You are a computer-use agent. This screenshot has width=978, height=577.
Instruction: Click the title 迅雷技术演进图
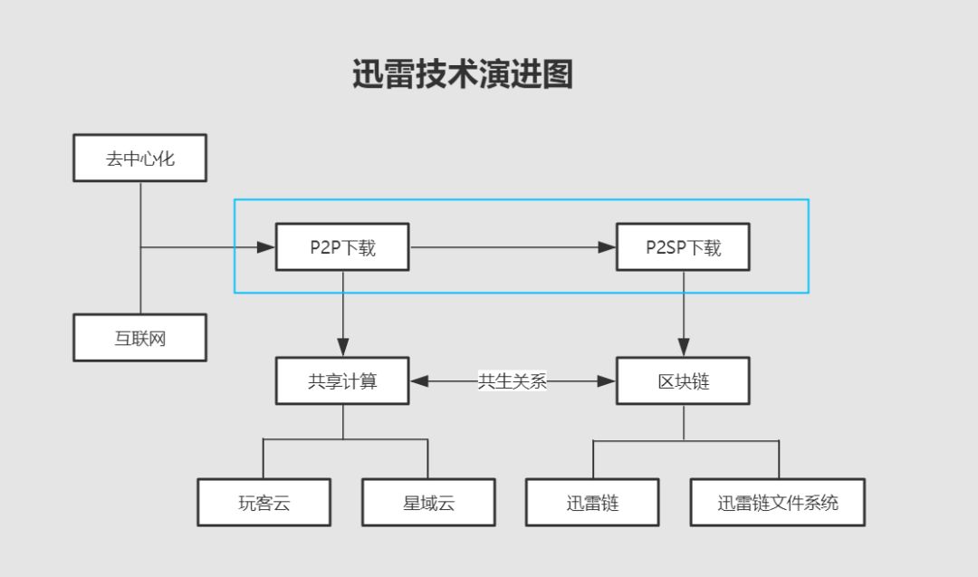coord(463,74)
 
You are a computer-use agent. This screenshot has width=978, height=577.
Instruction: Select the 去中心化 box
coord(139,159)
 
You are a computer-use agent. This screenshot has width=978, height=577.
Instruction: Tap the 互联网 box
coord(139,338)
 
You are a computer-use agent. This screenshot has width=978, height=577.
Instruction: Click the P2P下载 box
coord(342,246)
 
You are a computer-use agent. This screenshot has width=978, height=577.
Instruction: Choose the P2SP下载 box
coord(683,246)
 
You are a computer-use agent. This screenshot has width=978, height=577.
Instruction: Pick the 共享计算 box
coord(342,380)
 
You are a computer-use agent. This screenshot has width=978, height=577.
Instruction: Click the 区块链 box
coord(683,380)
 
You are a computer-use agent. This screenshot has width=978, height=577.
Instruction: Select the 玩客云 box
coord(264,503)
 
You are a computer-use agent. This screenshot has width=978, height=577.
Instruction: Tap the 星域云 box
coord(428,503)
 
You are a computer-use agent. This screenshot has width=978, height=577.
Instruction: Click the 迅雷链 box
coord(592,503)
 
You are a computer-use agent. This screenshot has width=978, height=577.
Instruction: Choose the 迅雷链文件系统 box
coord(778,503)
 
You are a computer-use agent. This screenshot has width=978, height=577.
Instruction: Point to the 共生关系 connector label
coord(513,381)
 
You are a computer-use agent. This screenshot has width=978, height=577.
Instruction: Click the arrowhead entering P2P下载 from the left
coord(266,246)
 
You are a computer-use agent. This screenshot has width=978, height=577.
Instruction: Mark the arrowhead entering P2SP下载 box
coord(607,246)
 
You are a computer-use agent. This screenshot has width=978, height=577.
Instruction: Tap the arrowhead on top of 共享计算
coord(342,347)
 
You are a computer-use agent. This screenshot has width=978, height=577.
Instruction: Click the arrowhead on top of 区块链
coord(683,347)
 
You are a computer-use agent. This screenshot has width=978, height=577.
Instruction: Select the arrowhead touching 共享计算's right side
coord(420,381)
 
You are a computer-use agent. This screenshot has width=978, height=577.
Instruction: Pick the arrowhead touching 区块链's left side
coord(606,381)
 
